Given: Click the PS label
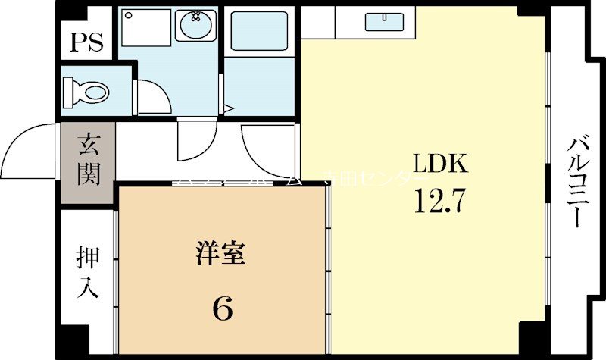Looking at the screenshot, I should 87,41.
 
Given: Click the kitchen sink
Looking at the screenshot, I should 383,22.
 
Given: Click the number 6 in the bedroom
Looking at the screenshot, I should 222,308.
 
